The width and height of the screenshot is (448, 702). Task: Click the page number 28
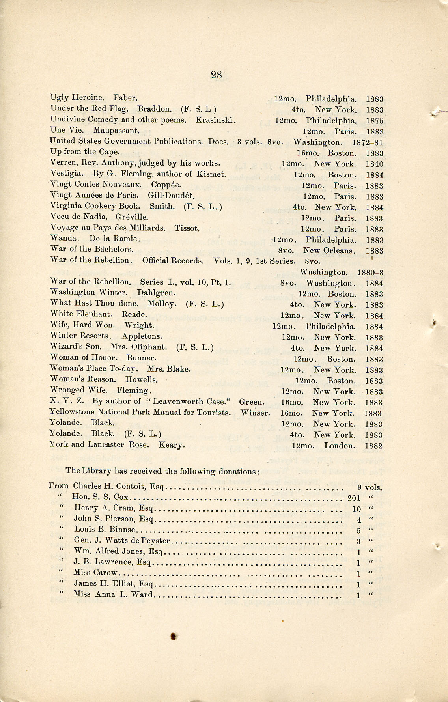pyautogui.click(x=216, y=75)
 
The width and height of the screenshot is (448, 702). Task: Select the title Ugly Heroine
pyautogui.click(x=77, y=98)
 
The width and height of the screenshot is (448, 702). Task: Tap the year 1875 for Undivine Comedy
pyautogui.click(x=374, y=121)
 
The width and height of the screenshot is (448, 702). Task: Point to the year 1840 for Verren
pyautogui.click(x=374, y=164)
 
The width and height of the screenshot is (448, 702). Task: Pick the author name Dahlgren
pyautogui.click(x=156, y=293)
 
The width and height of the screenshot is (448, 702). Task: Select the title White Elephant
pyautogui.click(x=81, y=314)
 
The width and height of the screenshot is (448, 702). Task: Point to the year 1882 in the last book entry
pyautogui.click(x=374, y=446)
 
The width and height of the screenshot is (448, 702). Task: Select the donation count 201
pyautogui.click(x=354, y=498)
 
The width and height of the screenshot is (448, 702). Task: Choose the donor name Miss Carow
pyautogui.click(x=95, y=573)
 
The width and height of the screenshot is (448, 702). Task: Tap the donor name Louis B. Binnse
pyautogui.click(x=105, y=530)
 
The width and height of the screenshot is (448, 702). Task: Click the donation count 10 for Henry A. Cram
pyautogui.click(x=356, y=509)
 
